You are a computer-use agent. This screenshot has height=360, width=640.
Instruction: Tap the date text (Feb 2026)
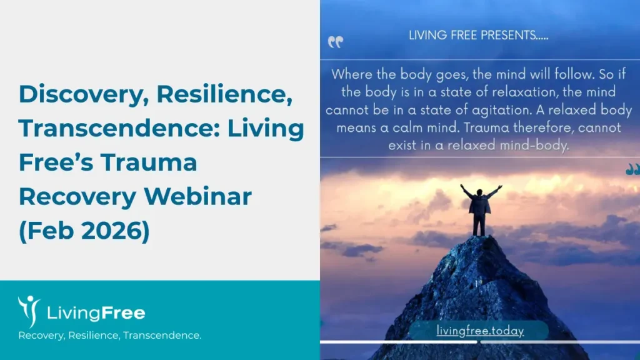click(84, 231)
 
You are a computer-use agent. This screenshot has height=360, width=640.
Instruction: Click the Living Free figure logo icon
click(27, 311)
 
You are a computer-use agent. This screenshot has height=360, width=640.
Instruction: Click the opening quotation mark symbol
click(336, 42)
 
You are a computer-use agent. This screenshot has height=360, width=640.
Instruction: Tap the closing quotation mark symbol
click(632, 169)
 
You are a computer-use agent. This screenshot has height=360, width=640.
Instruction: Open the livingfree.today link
click(480, 331)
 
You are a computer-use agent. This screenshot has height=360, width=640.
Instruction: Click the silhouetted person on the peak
click(480, 209)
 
